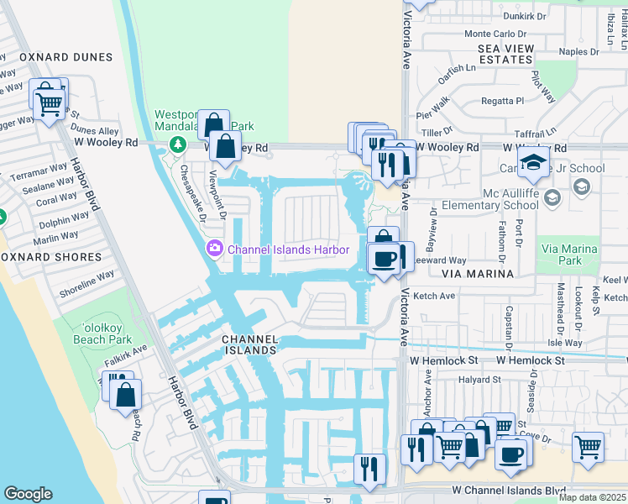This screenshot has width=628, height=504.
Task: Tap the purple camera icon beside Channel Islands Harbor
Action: coord(214,248)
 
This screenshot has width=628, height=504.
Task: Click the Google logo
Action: coord(28,494)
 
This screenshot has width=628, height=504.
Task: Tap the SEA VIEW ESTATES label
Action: coord(505,55)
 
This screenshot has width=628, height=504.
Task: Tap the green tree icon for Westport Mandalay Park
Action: coord(177,144)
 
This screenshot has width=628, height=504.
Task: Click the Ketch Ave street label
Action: coord(435,296)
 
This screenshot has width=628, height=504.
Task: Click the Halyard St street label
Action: coord(479,380)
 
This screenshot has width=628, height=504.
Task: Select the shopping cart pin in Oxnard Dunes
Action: coord(49,104)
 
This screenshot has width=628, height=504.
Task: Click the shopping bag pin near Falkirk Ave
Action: coord(125,395)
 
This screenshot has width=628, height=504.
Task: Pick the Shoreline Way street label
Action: coord(86,284)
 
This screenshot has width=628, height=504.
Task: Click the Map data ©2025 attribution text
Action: coord(592,497)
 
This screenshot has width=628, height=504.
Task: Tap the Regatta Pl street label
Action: coord(502,101)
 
